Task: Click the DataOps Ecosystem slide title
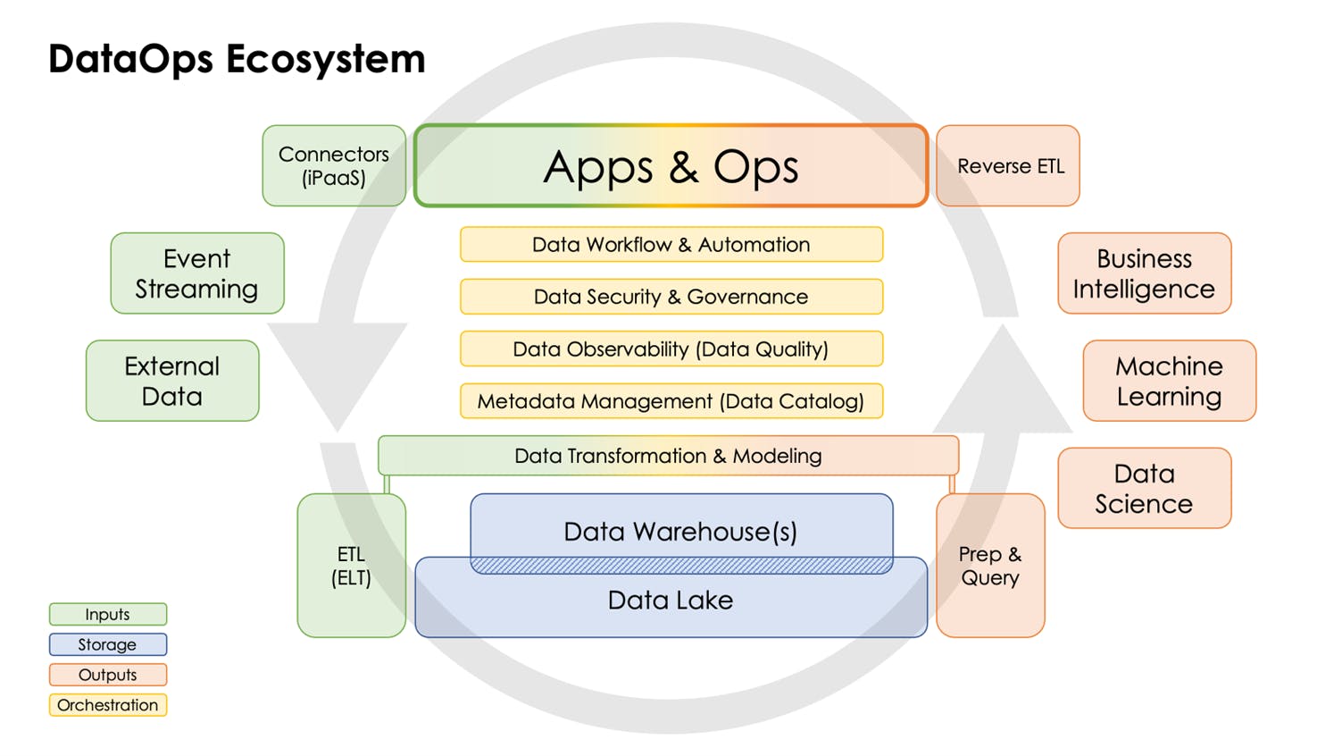point(237,59)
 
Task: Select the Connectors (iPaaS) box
point(334,166)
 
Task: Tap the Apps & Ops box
point(671,166)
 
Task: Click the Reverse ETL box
point(1008,166)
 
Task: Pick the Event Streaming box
point(197,273)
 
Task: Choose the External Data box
point(172,381)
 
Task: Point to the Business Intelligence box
point(1144,273)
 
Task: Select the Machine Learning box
point(1169,381)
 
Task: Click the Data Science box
point(1144,488)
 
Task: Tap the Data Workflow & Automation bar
point(671,245)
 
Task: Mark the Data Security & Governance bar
point(671,297)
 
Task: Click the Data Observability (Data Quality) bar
point(671,349)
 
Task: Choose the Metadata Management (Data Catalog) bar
point(671,401)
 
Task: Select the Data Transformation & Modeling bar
point(668,456)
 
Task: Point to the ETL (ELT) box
point(352,566)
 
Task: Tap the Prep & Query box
point(990,566)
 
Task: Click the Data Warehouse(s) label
point(680,531)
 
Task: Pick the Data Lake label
point(671,601)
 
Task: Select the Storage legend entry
point(107,644)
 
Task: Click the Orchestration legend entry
point(107,705)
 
